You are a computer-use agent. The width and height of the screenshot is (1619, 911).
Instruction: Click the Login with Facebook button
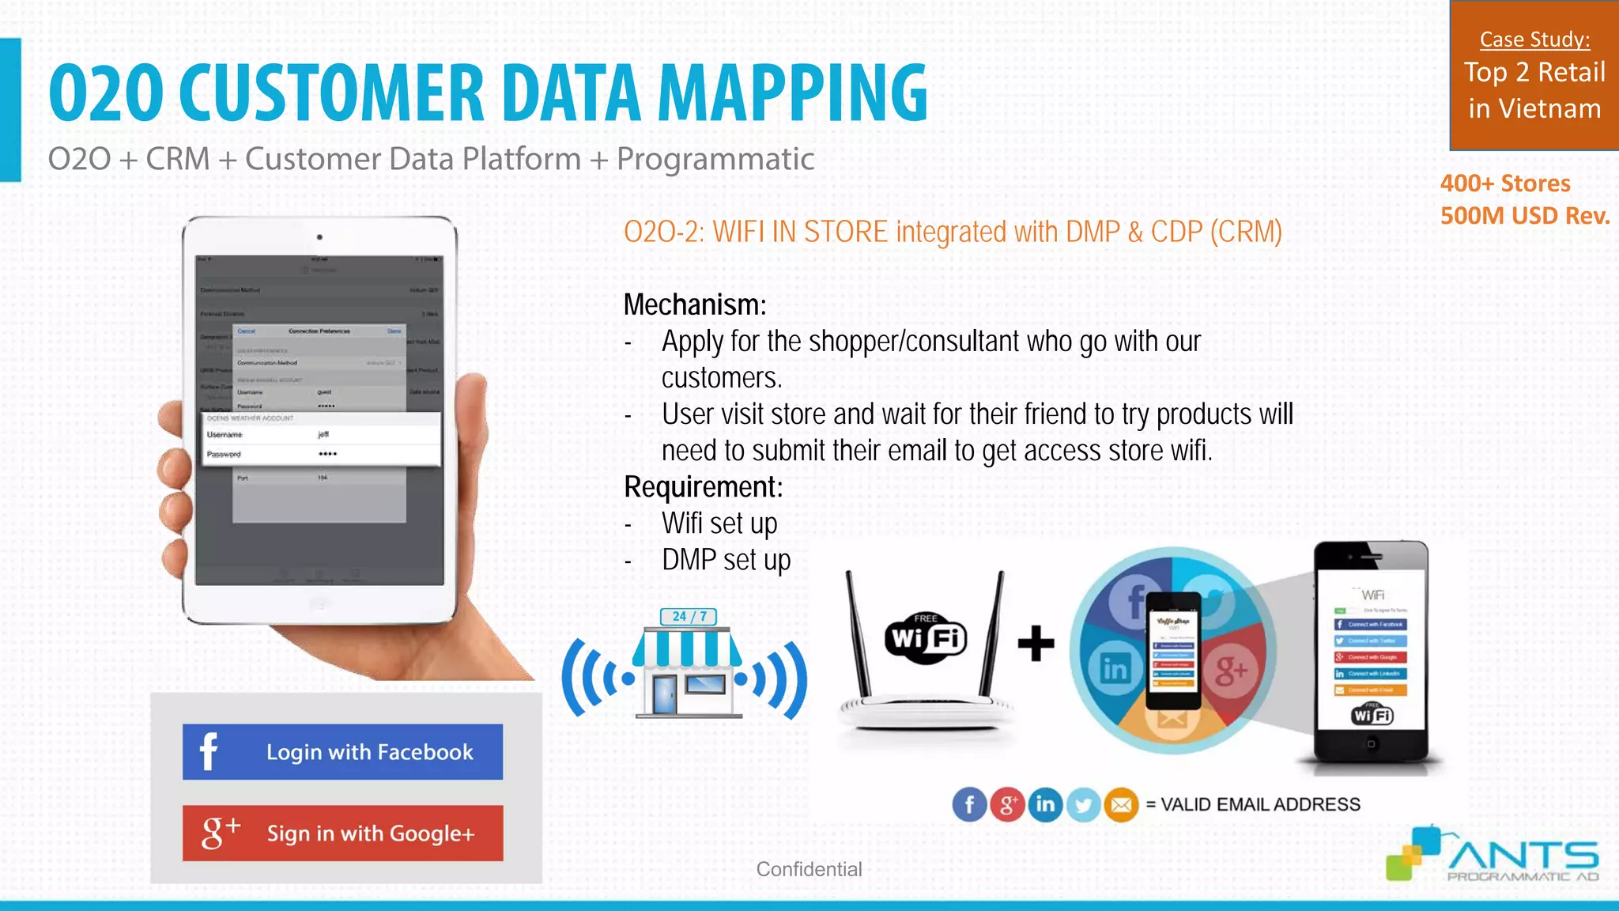342,751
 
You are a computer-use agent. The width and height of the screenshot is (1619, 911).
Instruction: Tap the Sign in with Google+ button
342,833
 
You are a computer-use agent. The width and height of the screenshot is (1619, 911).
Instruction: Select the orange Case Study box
1534,75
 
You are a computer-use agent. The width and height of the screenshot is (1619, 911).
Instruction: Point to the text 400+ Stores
1504,183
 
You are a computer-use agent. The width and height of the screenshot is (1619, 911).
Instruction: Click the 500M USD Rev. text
1524,216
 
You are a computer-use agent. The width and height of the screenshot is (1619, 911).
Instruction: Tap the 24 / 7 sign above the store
689,616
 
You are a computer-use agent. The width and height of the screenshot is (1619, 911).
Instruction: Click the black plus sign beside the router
1036,643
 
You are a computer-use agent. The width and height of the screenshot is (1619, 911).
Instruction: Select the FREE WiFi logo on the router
926,637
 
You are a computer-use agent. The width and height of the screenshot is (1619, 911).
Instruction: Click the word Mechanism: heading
694,305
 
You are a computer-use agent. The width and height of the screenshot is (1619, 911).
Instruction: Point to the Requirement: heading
703,487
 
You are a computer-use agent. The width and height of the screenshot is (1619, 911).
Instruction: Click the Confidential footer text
808,869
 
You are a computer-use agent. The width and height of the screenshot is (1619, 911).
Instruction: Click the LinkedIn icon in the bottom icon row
1045,805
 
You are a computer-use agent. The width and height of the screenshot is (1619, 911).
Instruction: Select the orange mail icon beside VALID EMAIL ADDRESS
1121,805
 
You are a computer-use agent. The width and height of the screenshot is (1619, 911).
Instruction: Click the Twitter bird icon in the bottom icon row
1083,805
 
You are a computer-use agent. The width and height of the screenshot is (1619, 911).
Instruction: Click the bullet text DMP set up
726,560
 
